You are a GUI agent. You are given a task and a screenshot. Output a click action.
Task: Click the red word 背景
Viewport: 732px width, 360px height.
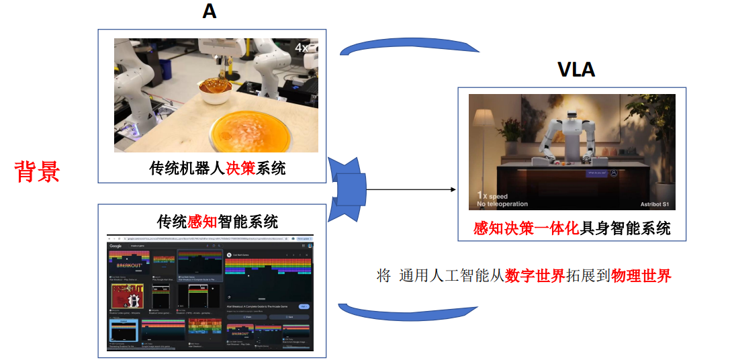pyautogui.click(x=38, y=172)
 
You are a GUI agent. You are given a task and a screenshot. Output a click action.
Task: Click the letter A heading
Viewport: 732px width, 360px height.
pyautogui.click(x=210, y=12)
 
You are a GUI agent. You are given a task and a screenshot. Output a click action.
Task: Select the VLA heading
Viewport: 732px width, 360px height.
pyautogui.click(x=576, y=69)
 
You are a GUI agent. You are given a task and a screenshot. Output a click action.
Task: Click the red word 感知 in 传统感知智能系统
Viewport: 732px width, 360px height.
pyautogui.click(x=202, y=221)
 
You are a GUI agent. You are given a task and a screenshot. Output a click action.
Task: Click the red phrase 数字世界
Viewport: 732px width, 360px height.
pyautogui.click(x=535, y=275)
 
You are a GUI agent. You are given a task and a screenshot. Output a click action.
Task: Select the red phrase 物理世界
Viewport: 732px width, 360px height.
pyautogui.click(x=641, y=275)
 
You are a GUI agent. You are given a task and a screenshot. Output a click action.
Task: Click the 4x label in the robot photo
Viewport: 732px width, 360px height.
pyautogui.click(x=302, y=48)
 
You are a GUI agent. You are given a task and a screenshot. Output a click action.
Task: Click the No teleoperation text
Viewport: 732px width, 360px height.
pyautogui.click(x=502, y=204)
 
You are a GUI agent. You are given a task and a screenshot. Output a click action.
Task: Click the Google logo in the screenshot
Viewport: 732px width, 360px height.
pyautogui.click(x=117, y=246)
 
